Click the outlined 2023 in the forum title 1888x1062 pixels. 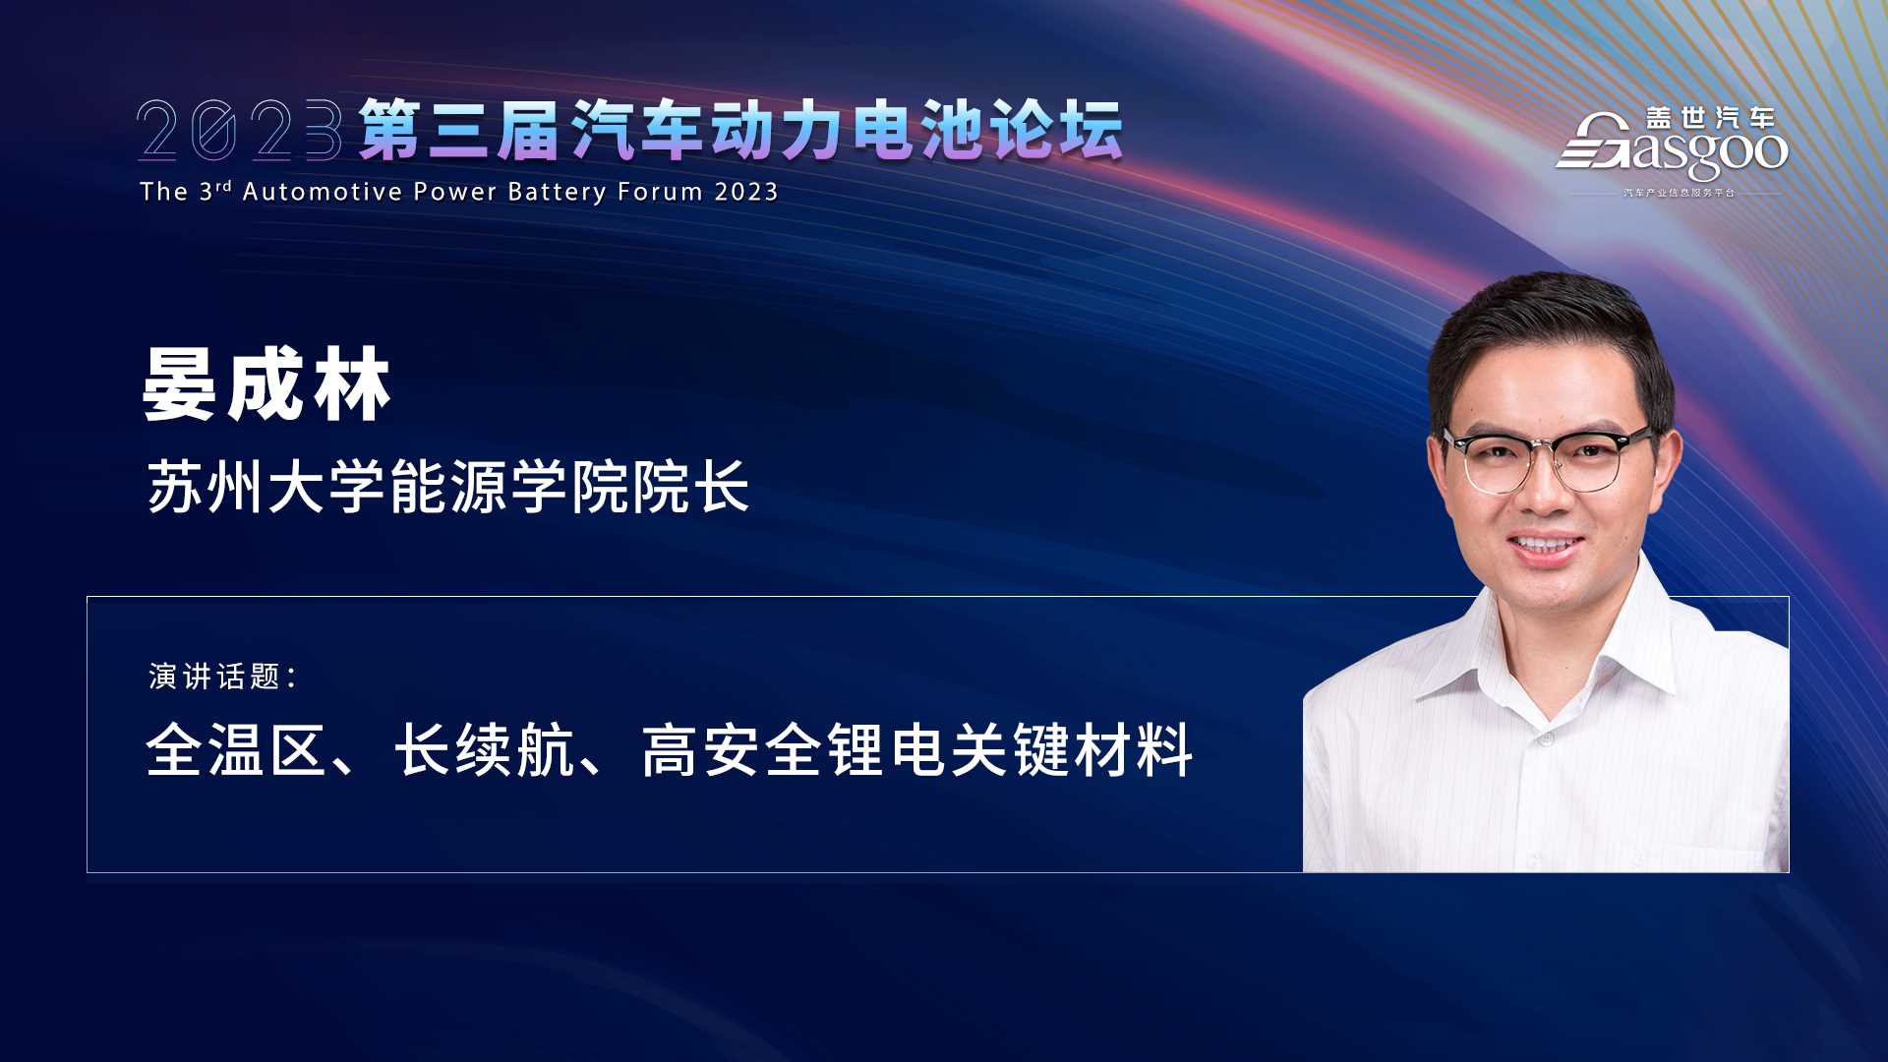tap(240, 129)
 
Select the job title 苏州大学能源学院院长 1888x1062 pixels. tap(448, 487)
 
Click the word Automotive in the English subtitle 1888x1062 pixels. tap(323, 192)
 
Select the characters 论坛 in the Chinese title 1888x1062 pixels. tap(1056, 130)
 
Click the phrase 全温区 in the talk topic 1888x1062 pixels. tap(236, 750)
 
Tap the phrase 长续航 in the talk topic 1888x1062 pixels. tap(485, 750)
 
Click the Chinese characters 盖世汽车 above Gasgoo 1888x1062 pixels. tap(1711, 118)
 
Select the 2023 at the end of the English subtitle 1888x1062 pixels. tap(746, 192)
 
